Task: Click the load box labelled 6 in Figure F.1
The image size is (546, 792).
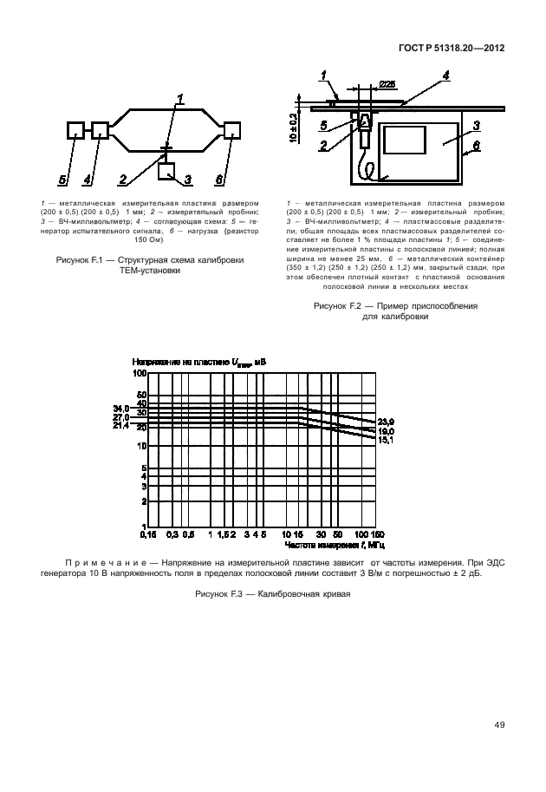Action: tap(231, 130)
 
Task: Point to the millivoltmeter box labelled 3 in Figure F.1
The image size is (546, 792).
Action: tap(166, 170)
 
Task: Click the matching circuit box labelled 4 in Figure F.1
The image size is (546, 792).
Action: tap(100, 130)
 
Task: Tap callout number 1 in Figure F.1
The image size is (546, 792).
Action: tap(179, 97)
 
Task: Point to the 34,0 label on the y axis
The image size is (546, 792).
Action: tap(120, 408)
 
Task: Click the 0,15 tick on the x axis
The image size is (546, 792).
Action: tap(149, 535)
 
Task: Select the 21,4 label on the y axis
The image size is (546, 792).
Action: tap(120, 425)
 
